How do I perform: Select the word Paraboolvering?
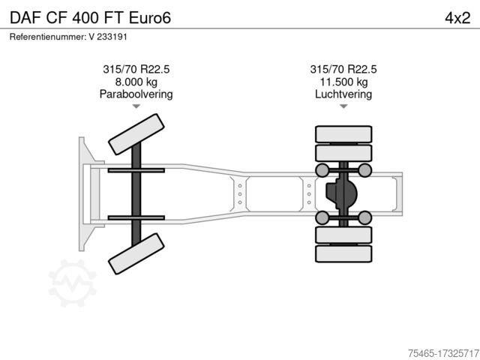coord(136,94)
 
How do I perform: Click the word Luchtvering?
coord(343,94)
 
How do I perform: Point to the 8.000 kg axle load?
coord(136,82)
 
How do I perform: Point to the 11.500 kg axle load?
coord(343,82)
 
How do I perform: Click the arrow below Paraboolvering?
coord(136,107)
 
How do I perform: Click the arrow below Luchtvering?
coord(343,107)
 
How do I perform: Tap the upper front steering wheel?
coord(136,135)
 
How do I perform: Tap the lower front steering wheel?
coord(136,253)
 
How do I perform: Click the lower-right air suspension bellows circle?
coord(364,218)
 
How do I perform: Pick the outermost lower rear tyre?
coord(343,253)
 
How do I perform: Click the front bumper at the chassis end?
coord(82,194)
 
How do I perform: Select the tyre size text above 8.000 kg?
coord(136,69)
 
